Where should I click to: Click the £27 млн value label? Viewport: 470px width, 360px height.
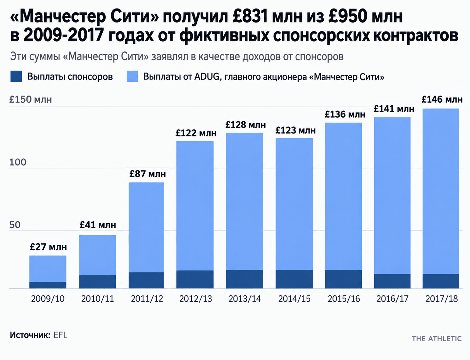click(48, 247)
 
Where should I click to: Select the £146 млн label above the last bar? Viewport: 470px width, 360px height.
click(442, 99)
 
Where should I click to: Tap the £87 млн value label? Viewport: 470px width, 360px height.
click(148, 174)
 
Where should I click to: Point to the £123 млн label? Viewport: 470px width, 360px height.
click(296, 130)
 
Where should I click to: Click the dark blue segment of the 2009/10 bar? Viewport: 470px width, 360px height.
click(48, 285)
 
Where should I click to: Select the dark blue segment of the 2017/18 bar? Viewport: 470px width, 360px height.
click(441, 281)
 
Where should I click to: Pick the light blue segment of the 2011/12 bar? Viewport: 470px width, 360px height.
click(146, 227)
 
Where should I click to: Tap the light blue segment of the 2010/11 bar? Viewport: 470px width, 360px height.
click(97, 255)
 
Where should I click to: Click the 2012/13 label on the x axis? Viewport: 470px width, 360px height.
click(196, 299)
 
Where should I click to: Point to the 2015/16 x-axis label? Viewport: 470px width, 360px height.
click(344, 299)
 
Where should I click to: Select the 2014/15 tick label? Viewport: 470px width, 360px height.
click(295, 299)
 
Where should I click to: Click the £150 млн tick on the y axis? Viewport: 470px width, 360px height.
click(31, 99)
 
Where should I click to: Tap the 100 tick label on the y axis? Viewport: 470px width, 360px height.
click(18, 162)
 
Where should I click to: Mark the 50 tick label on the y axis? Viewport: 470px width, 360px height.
click(15, 225)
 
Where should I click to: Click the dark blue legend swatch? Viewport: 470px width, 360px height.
click(16, 76)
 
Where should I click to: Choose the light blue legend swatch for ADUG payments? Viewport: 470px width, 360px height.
click(133, 76)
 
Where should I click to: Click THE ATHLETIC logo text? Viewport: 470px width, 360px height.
click(437, 339)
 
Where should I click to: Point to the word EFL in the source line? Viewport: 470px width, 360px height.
click(60, 335)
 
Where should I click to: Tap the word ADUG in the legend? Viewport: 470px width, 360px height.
click(207, 77)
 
